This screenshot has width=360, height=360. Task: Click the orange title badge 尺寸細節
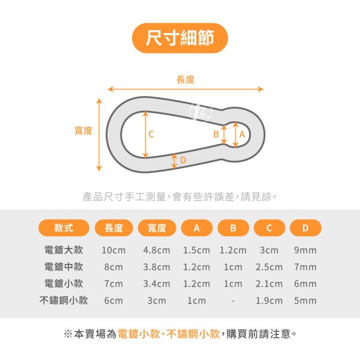coord(179,38)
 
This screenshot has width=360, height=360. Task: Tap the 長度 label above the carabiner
coord(185,80)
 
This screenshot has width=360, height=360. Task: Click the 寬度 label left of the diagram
coord(83,130)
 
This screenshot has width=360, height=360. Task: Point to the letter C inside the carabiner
coord(151,134)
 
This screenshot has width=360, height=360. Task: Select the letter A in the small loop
coord(242,135)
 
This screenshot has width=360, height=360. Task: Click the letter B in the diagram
coord(216,135)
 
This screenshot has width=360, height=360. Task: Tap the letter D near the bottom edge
coord(183,160)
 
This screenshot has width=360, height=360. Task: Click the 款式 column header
coord(64,228)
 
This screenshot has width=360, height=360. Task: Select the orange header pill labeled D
coord(305,228)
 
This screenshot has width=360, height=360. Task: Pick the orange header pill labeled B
coord(233,228)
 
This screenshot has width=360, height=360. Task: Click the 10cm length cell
coord(113,250)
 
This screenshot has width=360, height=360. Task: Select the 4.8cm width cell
coord(157,250)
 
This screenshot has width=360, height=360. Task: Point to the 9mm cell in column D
coord(305,250)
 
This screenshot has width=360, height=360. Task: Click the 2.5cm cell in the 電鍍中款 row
coord(269,267)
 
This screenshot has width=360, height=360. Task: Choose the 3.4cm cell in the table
coord(157,284)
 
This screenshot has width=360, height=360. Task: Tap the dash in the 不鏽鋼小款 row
coord(233,301)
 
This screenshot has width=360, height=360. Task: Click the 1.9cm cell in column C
coord(269,301)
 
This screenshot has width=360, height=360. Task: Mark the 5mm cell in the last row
coord(305,301)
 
